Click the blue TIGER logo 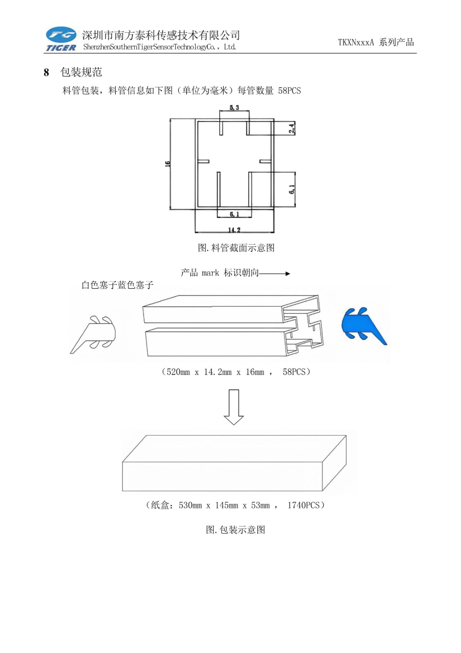(61, 39)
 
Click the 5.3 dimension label (234, 108)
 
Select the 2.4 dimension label (291, 128)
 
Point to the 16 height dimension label (167, 164)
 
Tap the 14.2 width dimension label (234, 230)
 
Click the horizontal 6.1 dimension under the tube (234, 214)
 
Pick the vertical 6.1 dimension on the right (292, 189)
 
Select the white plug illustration (95, 333)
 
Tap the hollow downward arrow (234, 407)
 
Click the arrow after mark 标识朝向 (275, 273)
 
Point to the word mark (210, 273)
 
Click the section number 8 (46, 73)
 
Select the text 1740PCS (304, 505)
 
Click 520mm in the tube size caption (178, 372)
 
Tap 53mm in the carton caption (260, 505)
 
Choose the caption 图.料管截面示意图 (236, 248)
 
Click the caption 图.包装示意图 (236, 530)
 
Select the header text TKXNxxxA (355, 42)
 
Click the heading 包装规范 (81, 72)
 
